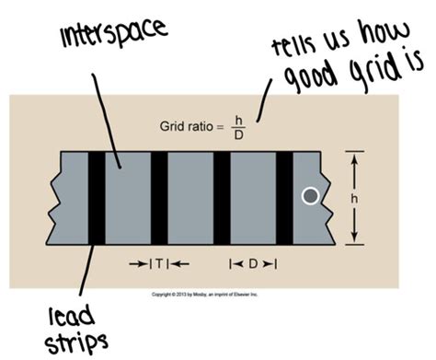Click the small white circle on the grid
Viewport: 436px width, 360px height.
pyautogui.click(x=311, y=195)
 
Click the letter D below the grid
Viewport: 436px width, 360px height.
pyautogui.click(x=253, y=264)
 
